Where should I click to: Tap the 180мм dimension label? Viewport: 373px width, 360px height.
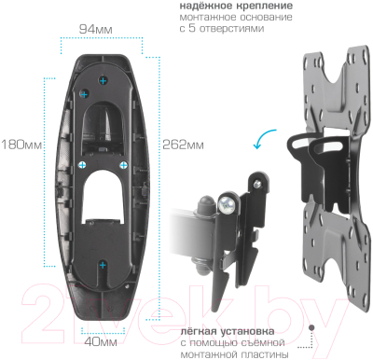pos(21,145)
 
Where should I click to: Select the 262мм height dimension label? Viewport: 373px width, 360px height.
pos(182,145)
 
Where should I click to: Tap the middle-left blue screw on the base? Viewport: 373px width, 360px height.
pos(82,164)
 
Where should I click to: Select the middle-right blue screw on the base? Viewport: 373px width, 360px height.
pos(125,165)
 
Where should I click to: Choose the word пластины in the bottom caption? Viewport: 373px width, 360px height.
pos(268,353)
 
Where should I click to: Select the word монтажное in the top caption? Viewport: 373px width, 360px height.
pos(204,18)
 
